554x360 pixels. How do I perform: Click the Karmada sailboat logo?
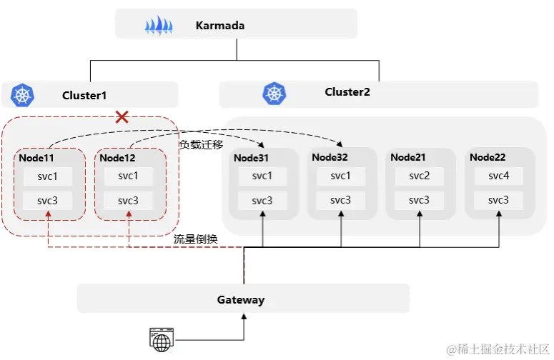[x=159, y=26]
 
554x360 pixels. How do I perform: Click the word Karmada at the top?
[x=220, y=26]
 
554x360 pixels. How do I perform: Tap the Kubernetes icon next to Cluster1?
[x=23, y=95]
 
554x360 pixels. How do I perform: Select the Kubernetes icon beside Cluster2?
[x=274, y=92]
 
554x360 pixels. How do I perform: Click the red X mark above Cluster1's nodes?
[x=122, y=116]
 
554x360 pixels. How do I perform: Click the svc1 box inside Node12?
[x=129, y=176]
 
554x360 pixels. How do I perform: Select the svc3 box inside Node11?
[x=47, y=200]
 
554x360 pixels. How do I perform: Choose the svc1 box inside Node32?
[x=340, y=176]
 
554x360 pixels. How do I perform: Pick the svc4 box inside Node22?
[x=498, y=176]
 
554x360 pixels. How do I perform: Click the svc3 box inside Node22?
[x=498, y=200]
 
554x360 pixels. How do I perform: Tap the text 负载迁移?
[x=201, y=144]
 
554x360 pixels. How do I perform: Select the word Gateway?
[x=241, y=299]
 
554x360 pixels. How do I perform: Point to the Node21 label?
[x=408, y=157]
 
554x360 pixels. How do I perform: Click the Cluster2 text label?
[x=347, y=91]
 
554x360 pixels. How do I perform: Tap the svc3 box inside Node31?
[x=262, y=200]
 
